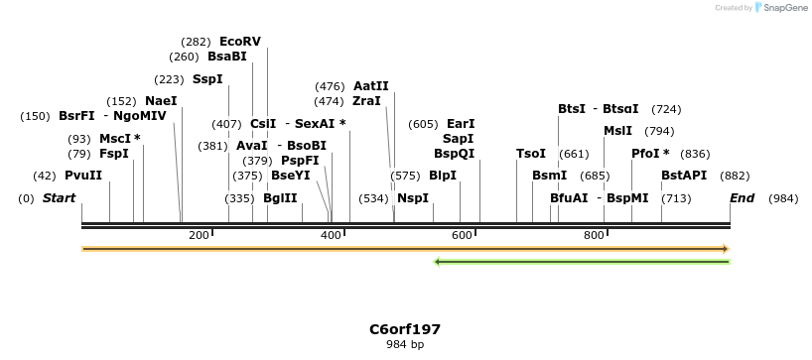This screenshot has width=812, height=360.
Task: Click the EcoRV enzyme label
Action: (240, 42)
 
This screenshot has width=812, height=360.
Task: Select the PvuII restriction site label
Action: (83, 176)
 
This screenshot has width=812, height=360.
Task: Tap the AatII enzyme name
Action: (371, 86)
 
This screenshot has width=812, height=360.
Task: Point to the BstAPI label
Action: (684, 176)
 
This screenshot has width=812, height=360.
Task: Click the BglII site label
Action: (280, 198)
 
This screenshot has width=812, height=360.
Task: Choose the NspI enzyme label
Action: (413, 198)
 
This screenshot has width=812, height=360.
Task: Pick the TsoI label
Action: (531, 154)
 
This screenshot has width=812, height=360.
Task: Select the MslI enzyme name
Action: (617, 131)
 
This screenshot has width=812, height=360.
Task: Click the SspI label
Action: (207, 79)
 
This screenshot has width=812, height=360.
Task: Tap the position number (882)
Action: (735, 176)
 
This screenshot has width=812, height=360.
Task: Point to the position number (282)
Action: (196, 42)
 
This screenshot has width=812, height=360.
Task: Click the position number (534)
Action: (373, 198)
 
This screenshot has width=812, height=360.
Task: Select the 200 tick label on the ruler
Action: (199, 235)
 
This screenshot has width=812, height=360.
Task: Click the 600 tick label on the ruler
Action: (462, 235)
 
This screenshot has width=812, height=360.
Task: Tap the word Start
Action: (59, 198)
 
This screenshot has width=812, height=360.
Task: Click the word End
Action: (743, 198)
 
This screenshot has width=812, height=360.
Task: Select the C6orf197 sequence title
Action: (405, 328)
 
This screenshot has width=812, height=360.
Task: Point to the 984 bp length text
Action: (405, 345)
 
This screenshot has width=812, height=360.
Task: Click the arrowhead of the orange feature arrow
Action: (726, 249)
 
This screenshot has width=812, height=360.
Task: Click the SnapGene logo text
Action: (784, 8)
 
